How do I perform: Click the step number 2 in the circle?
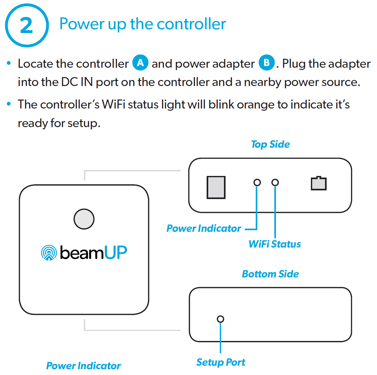26,25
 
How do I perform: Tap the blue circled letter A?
140,63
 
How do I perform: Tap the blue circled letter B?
267,63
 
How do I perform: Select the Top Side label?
270,144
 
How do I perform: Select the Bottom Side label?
270,274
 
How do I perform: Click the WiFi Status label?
275,244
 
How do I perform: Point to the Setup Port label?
221,362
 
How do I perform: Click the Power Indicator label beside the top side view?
204,228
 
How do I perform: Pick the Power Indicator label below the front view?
83,365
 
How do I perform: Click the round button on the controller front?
84,219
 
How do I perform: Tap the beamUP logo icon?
49,253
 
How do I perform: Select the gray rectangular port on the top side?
216,187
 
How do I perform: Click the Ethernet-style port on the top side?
319,184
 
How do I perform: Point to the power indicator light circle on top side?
257,182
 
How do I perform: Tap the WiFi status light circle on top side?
275,182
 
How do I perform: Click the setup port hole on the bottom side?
220,319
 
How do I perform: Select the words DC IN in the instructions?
77,82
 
